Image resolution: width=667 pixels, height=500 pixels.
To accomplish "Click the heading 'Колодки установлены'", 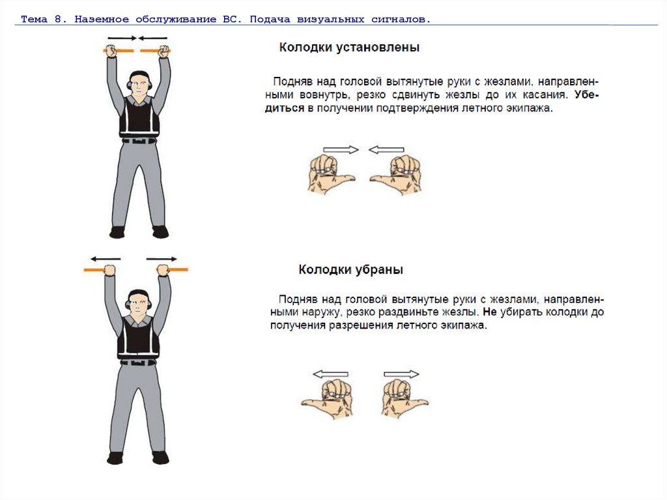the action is click(349, 48).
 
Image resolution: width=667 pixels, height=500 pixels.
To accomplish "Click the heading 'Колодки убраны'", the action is click(351, 270).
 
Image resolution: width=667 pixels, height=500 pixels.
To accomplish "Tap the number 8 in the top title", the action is click(58, 19).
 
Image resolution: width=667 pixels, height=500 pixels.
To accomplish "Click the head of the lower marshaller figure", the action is click(138, 303).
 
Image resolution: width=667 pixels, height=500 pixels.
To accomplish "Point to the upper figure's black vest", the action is click(139, 115).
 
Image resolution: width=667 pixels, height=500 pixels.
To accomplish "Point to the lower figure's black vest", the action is click(138, 337).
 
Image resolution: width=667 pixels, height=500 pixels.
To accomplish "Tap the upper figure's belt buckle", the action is click(139, 141).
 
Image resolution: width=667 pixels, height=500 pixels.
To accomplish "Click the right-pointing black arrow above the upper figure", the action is click(122, 38).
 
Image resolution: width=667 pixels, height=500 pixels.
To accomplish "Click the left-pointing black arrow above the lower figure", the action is click(106, 259).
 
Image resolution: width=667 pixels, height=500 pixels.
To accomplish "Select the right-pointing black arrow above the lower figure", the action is click(162, 259).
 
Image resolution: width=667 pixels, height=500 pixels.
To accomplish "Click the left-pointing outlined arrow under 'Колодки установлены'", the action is click(386, 149).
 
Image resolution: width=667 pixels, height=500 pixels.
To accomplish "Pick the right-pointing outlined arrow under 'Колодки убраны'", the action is click(401, 374).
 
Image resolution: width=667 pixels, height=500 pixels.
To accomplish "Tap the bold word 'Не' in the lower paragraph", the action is click(490, 312).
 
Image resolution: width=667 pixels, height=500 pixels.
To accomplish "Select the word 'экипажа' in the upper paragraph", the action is click(530, 109).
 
